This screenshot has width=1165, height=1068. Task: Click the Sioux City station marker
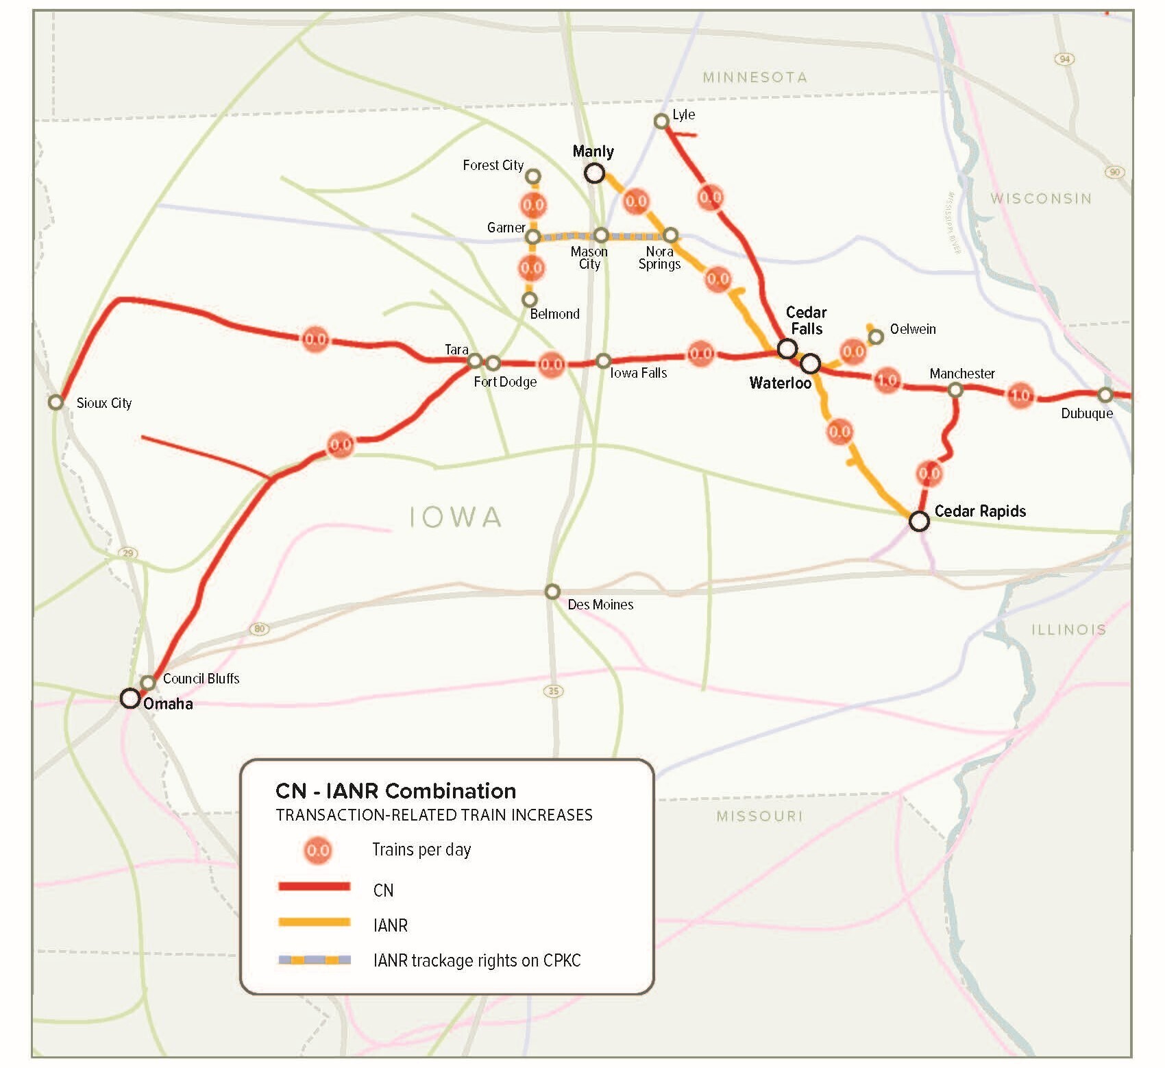point(56,402)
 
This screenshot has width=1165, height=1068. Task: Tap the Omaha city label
point(168,704)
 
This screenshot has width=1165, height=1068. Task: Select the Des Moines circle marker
point(552,592)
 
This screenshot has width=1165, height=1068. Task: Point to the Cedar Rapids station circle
point(919,521)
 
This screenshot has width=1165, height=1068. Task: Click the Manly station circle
point(594,173)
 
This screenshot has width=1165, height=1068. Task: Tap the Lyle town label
point(683,114)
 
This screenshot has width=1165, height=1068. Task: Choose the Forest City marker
point(533,177)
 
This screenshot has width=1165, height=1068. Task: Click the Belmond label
point(554,314)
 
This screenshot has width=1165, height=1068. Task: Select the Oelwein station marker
point(876,337)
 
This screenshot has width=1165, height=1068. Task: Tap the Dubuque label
point(1087,413)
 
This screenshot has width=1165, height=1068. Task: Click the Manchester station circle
point(955,390)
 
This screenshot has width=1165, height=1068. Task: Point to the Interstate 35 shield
point(554,690)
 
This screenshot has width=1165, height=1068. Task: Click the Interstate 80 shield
point(259,629)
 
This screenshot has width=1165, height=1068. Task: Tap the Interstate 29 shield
point(128,553)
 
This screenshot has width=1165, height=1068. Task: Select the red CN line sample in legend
point(315,887)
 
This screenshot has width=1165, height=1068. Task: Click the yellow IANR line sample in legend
point(315,923)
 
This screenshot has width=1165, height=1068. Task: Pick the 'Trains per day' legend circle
point(318,851)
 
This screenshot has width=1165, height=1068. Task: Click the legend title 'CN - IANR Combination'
point(395,791)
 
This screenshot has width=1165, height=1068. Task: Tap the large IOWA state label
point(456,518)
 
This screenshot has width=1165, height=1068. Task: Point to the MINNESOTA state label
point(755,77)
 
